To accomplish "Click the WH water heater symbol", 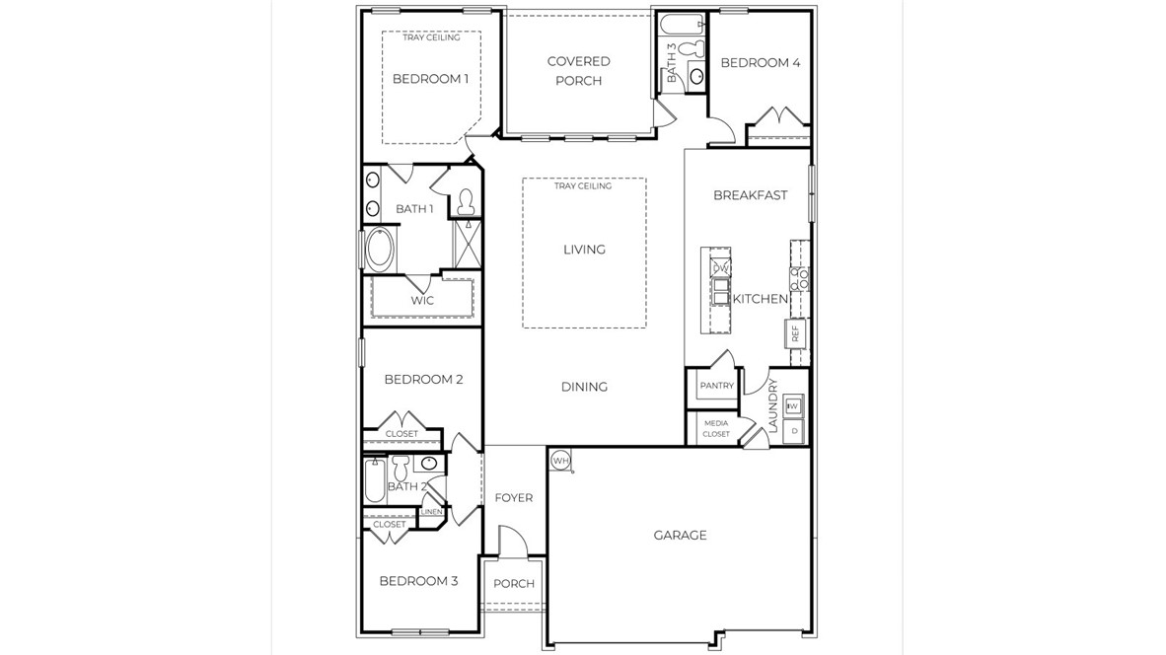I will click(560, 461).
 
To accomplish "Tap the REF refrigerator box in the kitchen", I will click(795, 333).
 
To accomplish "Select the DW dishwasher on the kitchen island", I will click(720, 268).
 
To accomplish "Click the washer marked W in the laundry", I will click(794, 405).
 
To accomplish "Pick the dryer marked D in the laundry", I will click(794, 431).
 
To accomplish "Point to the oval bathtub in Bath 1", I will click(378, 250).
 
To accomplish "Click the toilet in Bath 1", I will click(466, 202).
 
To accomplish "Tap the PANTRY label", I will click(716, 386).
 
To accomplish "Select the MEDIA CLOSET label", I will click(716, 428).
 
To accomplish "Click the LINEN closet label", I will click(431, 512).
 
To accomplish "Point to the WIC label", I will click(422, 301).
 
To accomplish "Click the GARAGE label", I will click(680, 536).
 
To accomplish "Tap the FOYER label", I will click(513, 498).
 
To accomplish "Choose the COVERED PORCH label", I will click(578, 71).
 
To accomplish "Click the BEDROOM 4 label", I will click(760, 63).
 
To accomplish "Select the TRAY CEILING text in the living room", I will click(583, 186).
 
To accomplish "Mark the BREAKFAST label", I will click(750, 195).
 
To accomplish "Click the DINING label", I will click(584, 387).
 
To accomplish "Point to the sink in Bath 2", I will click(429, 463).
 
